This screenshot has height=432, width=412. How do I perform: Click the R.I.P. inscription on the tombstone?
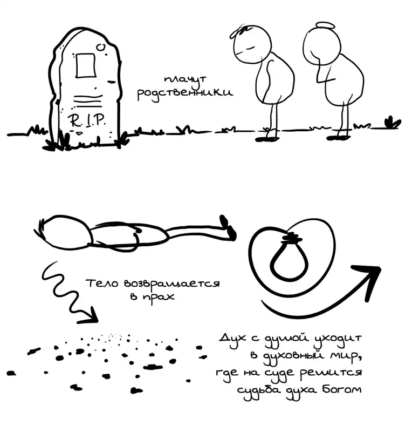(86, 120)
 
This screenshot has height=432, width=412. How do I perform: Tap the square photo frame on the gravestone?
(86, 65)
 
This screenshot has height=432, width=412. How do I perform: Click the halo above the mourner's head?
(326, 26)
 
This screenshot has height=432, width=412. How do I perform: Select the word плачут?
(185, 80)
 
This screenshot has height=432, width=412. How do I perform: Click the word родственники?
(185, 93)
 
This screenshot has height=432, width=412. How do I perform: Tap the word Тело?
(102, 283)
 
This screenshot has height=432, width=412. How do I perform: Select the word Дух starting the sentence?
(232, 339)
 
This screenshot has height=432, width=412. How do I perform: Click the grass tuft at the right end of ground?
(392, 123)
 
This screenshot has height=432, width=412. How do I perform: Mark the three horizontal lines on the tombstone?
(88, 101)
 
